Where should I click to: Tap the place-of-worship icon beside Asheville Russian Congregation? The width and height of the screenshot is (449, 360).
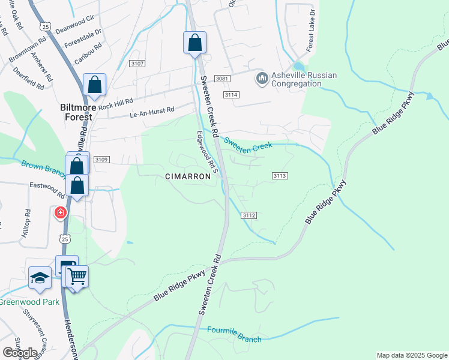262,78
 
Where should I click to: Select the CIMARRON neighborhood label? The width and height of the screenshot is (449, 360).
188,176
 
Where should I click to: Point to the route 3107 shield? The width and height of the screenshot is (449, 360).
137,64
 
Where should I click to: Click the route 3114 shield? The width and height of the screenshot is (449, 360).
231,95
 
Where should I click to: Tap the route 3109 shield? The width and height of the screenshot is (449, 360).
101,159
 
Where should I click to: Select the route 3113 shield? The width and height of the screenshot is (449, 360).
280,175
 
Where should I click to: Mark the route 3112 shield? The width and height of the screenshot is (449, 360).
250,215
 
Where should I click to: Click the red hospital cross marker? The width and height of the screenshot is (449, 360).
61,212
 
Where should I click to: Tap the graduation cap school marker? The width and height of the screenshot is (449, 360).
40,278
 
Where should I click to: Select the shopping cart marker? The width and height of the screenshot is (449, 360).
77,277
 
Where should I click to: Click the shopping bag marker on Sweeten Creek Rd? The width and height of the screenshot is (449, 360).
194,43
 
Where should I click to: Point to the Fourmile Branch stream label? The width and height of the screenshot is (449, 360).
234,335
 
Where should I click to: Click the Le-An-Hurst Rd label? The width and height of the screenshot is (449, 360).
152,110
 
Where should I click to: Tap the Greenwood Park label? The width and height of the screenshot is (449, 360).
29,302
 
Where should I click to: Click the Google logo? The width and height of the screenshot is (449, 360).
19,352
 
